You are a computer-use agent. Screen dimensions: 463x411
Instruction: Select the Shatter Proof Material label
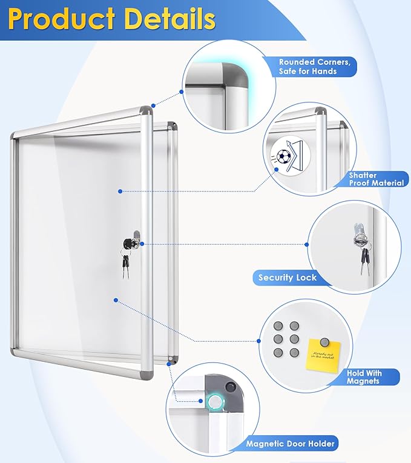tap(375, 179)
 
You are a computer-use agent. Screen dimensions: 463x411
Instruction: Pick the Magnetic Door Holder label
tap(290, 444)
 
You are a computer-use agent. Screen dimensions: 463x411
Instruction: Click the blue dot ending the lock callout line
tap(306, 245)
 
